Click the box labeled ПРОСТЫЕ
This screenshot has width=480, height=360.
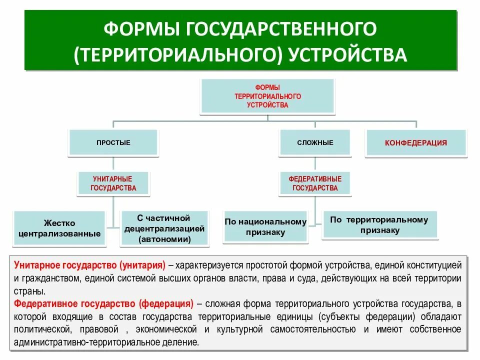click(x=113, y=142)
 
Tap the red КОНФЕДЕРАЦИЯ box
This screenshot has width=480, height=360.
click(x=415, y=143)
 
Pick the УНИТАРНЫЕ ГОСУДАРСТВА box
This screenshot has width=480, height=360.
click(x=113, y=183)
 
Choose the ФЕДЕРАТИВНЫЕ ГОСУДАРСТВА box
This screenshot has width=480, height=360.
click(x=315, y=183)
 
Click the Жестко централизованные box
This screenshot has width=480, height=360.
click(x=60, y=228)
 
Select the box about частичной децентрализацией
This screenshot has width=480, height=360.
click(x=164, y=228)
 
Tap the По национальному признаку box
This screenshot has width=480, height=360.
click(x=265, y=226)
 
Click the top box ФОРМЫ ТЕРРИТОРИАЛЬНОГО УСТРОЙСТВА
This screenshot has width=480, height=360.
click(x=267, y=96)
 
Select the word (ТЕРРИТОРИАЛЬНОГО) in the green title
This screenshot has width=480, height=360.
click(x=178, y=54)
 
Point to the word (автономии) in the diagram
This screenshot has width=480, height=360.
click(x=165, y=239)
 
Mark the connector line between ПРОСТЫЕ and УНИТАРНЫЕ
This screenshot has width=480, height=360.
click(x=113, y=163)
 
